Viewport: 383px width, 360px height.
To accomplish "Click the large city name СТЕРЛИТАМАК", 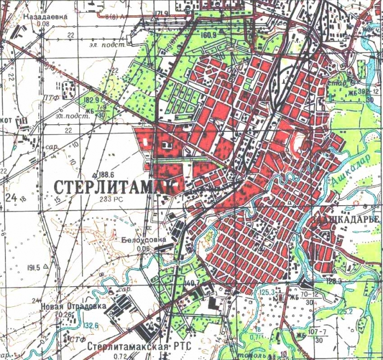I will [116, 186].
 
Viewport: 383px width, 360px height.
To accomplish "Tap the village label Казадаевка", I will [44, 16].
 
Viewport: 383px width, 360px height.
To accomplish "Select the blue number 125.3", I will [268, 293].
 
